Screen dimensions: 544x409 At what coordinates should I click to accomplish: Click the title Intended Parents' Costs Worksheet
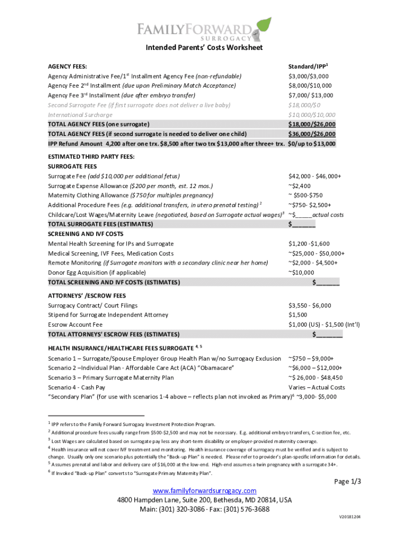[x=204, y=48]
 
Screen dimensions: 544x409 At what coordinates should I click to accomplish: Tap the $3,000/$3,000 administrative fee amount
[x=309, y=76]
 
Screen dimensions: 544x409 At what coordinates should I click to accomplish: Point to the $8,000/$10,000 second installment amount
[x=310, y=86]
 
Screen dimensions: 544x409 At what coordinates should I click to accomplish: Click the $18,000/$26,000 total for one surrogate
[x=311, y=124]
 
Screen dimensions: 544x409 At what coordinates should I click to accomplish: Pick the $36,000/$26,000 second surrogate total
[x=311, y=134]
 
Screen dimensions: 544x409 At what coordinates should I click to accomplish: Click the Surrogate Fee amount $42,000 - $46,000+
[x=314, y=176]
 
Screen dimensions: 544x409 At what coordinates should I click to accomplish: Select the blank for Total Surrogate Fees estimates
[x=302, y=224]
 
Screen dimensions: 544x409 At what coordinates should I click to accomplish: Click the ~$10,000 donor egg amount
[x=301, y=273]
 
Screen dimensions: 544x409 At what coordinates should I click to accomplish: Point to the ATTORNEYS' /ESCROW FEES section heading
[x=87, y=295]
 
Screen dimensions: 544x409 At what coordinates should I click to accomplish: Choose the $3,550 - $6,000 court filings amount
[x=310, y=305]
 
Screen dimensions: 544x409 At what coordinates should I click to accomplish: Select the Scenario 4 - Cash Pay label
[x=76, y=387]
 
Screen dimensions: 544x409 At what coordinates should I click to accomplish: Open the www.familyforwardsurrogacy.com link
[x=204, y=490]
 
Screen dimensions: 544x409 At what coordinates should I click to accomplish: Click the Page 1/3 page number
[x=347, y=481]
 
